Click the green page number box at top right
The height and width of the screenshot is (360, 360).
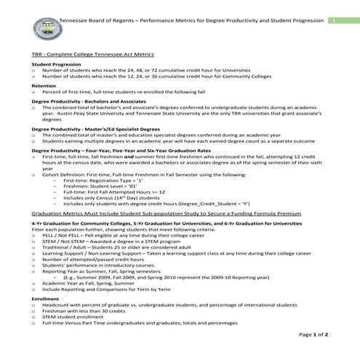331,21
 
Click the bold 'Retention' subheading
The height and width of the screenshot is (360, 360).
44,85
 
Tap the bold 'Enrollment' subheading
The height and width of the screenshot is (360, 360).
46,299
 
